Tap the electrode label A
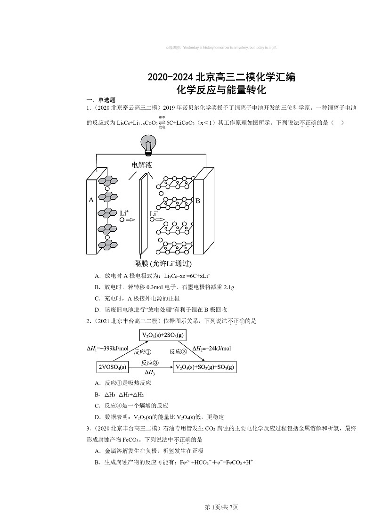click(91, 200)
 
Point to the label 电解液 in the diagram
click(142, 165)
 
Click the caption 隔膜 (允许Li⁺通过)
click(163, 263)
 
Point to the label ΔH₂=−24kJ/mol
click(211, 349)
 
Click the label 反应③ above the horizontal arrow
click(149, 363)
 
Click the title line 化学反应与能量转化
click(221, 89)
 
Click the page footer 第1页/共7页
click(221, 507)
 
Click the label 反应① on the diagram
click(142, 352)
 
